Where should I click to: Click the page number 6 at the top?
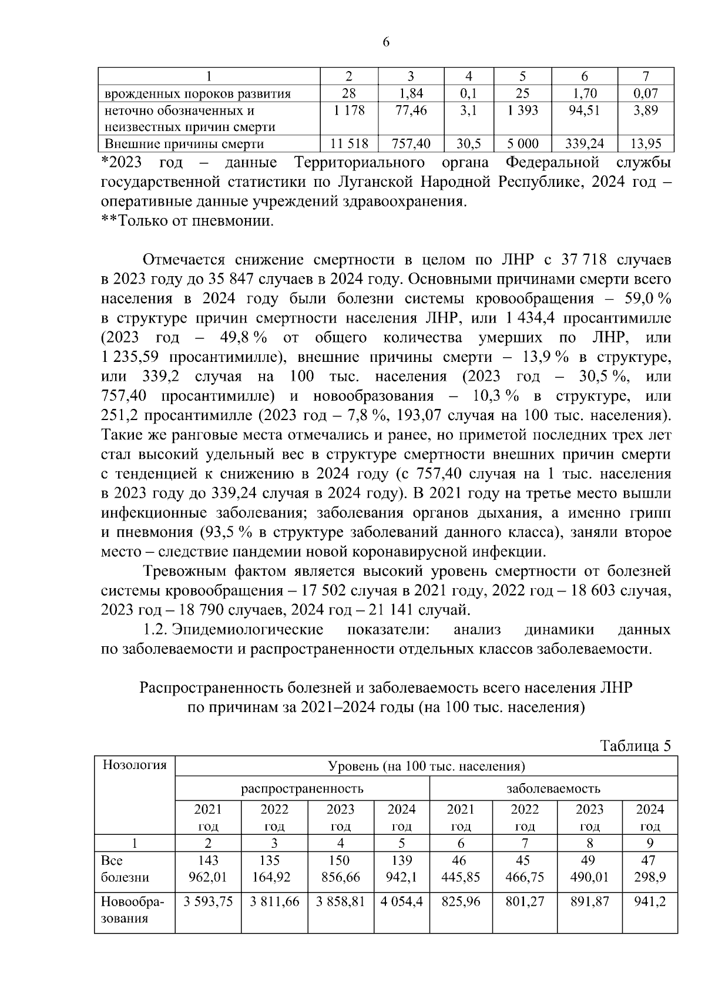pos(386,42)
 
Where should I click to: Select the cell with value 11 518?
pos(349,144)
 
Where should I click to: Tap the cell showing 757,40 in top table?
pos(411,144)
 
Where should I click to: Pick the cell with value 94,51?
pos(584,110)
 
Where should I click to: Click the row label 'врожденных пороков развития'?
pos(198,93)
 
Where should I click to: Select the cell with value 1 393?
pos(522,110)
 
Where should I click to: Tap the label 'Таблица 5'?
pos(635,746)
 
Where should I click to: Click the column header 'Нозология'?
pos(135,765)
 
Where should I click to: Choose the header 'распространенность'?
pos(302,788)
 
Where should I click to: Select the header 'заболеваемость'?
pos(553,788)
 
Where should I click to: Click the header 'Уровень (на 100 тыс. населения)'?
pos(426,766)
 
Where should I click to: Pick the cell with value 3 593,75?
pos(208,901)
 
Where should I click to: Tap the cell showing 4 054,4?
pos(401,901)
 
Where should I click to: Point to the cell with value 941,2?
pos(650,901)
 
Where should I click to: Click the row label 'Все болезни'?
pos(125,869)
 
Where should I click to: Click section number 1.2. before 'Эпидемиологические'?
pos(156,630)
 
